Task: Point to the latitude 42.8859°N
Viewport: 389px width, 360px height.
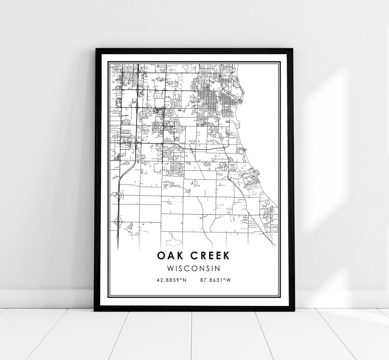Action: (171, 280)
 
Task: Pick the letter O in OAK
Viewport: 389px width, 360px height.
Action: (161, 256)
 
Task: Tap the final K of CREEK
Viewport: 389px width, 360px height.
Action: (226, 256)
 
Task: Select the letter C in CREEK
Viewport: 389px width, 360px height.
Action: (195, 256)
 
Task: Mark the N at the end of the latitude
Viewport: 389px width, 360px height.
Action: (184, 280)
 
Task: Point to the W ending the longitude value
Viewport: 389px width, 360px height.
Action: (229, 280)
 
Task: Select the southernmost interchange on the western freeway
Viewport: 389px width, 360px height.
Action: (118, 220)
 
